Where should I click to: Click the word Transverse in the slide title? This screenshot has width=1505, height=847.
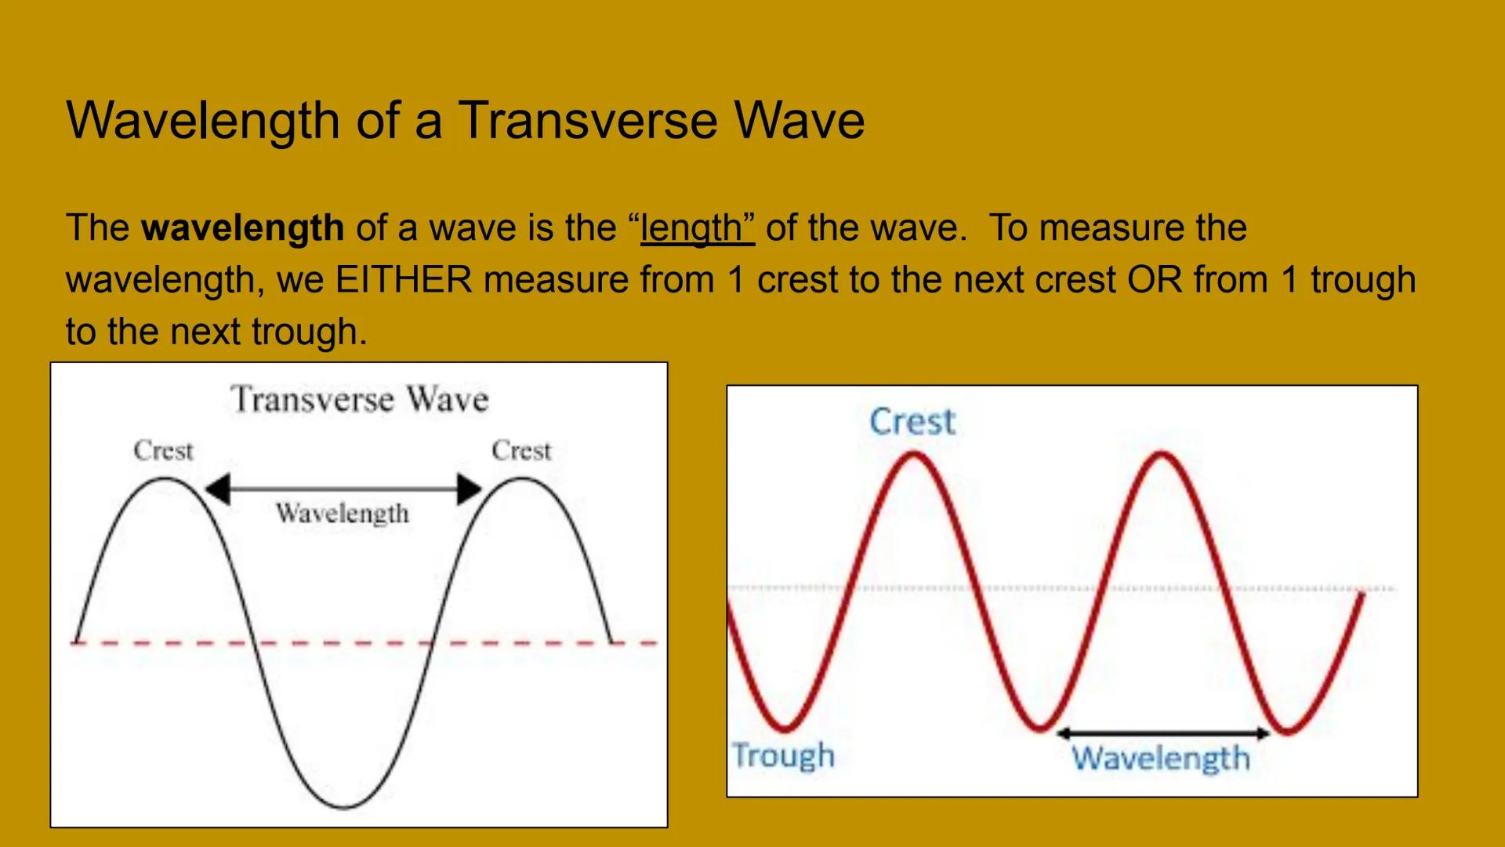tap(587, 121)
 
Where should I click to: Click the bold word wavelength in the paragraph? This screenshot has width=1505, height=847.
tap(242, 228)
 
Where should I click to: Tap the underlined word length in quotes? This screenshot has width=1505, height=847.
tap(697, 228)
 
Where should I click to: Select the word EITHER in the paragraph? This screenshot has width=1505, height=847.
tap(404, 280)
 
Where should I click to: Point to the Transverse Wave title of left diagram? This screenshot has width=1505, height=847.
tap(359, 399)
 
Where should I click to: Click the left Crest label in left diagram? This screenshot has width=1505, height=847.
tap(163, 451)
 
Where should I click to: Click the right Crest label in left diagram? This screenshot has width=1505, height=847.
tap(521, 451)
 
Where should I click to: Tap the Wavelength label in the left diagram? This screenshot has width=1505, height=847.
tap(343, 514)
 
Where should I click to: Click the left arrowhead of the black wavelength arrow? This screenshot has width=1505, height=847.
tap(217, 489)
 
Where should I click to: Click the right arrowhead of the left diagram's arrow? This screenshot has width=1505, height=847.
tap(469, 489)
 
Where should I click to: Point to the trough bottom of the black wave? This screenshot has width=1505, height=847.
tap(344, 806)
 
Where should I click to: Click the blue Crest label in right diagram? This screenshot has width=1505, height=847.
tap(912, 422)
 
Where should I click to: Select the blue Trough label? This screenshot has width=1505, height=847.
tap(783, 755)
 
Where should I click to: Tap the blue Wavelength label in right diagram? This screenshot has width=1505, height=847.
tap(1161, 758)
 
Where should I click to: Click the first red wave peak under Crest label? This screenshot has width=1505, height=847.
tap(914, 455)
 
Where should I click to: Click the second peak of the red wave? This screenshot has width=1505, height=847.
tap(1161, 455)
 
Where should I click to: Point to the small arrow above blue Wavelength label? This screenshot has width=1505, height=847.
tap(1162, 734)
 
